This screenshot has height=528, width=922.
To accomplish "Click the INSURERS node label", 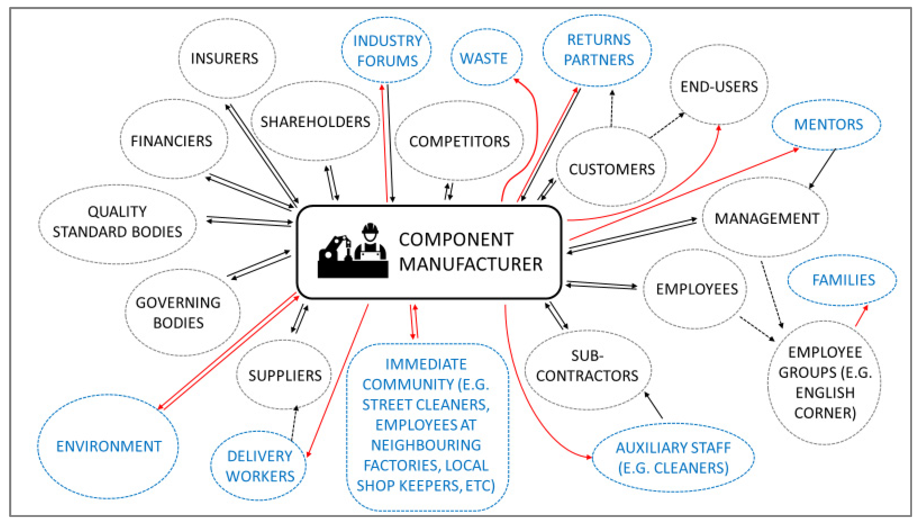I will pos(224,58).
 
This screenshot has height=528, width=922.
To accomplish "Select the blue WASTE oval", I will pos(486,57).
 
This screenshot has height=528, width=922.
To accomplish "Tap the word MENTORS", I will pos(828,124).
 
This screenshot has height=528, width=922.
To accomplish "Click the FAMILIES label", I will pos(843,280).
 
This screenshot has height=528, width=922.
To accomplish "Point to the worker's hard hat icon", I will pos(370,229).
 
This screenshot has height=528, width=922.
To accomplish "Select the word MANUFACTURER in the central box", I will pos(470,264).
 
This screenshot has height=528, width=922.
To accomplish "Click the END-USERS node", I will pos(719,86).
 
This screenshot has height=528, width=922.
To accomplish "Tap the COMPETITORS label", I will pos(459,141).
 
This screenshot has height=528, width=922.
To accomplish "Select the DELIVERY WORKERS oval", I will pos(259,466).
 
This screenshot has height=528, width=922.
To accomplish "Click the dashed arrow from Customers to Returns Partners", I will pos(612,109).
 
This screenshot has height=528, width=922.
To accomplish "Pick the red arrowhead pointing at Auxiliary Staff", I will pos(588,457).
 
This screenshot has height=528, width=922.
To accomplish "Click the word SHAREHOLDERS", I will pos(315,122).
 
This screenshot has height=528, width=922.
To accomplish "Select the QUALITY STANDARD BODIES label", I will pos(117,221).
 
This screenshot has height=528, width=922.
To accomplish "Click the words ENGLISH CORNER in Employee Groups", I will pos(825,402).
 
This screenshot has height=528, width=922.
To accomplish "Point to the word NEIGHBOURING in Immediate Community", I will pos(426,445).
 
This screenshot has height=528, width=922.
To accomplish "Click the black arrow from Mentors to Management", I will pos(822,168).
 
